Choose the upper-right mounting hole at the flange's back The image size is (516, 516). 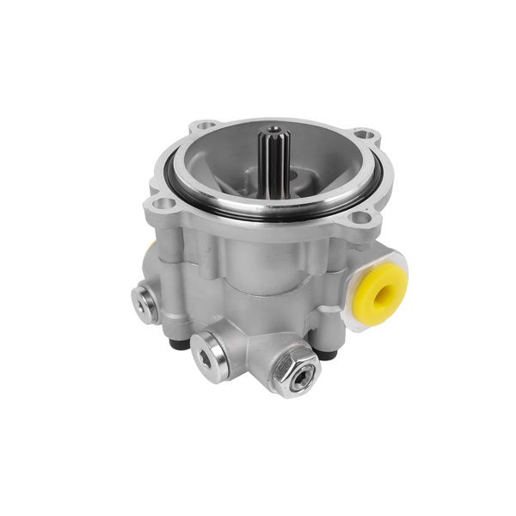pos(365,135)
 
